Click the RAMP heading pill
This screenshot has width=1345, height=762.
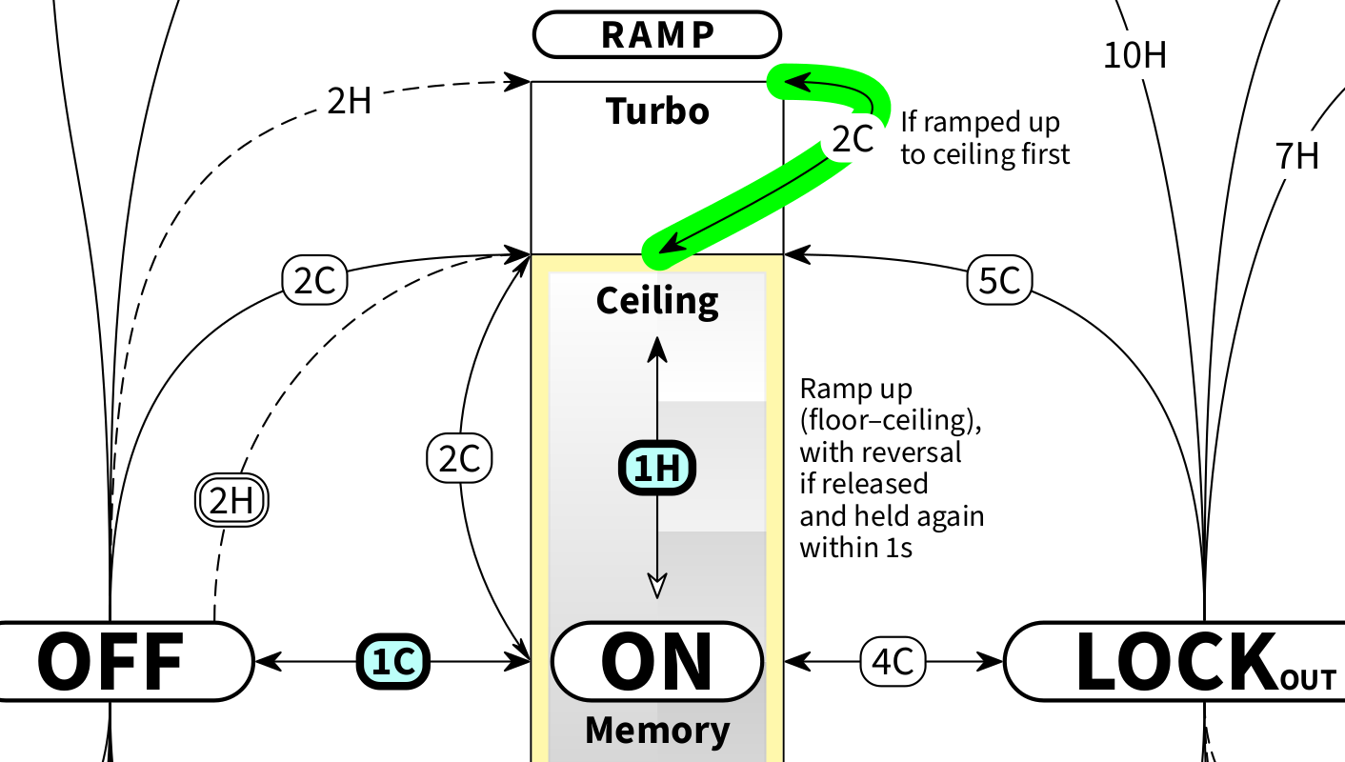[657, 34]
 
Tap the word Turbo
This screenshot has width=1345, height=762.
[657, 112]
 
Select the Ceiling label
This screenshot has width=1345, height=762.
[657, 301]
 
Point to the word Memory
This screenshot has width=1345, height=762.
[657, 731]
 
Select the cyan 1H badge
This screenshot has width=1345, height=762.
[657, 469]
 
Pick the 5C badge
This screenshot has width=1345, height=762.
[1000, 281]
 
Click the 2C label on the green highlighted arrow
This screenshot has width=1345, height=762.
[853, 140]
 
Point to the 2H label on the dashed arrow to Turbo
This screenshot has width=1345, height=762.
[350, 102]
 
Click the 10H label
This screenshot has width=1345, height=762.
[1134, 57]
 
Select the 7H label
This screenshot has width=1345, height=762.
[1296, 155]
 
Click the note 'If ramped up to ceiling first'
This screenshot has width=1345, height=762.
[985, 139]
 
